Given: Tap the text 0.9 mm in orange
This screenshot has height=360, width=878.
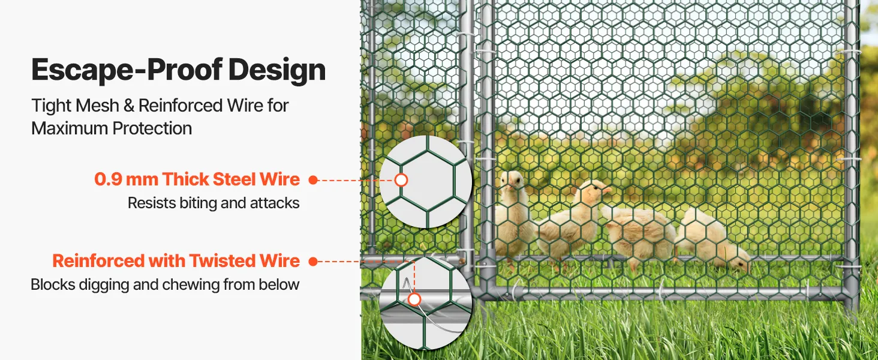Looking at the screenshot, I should [127, 179].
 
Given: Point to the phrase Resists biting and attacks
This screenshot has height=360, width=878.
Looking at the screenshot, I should [214, 203].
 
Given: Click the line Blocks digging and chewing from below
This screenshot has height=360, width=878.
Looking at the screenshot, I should [165, 284].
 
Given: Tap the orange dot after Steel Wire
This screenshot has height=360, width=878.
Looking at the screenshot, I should [312, 179].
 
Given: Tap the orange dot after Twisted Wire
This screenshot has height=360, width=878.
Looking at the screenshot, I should [312, 261].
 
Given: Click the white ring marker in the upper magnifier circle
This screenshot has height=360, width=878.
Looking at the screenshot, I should [401, 180].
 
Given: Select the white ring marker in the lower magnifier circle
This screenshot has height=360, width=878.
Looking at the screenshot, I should [414, 299].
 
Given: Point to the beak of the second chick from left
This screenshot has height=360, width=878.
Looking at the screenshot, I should [608, 190].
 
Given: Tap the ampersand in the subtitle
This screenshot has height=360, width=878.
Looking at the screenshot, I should [128, 106].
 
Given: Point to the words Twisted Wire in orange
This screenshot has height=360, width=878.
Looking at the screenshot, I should [244, 260].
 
